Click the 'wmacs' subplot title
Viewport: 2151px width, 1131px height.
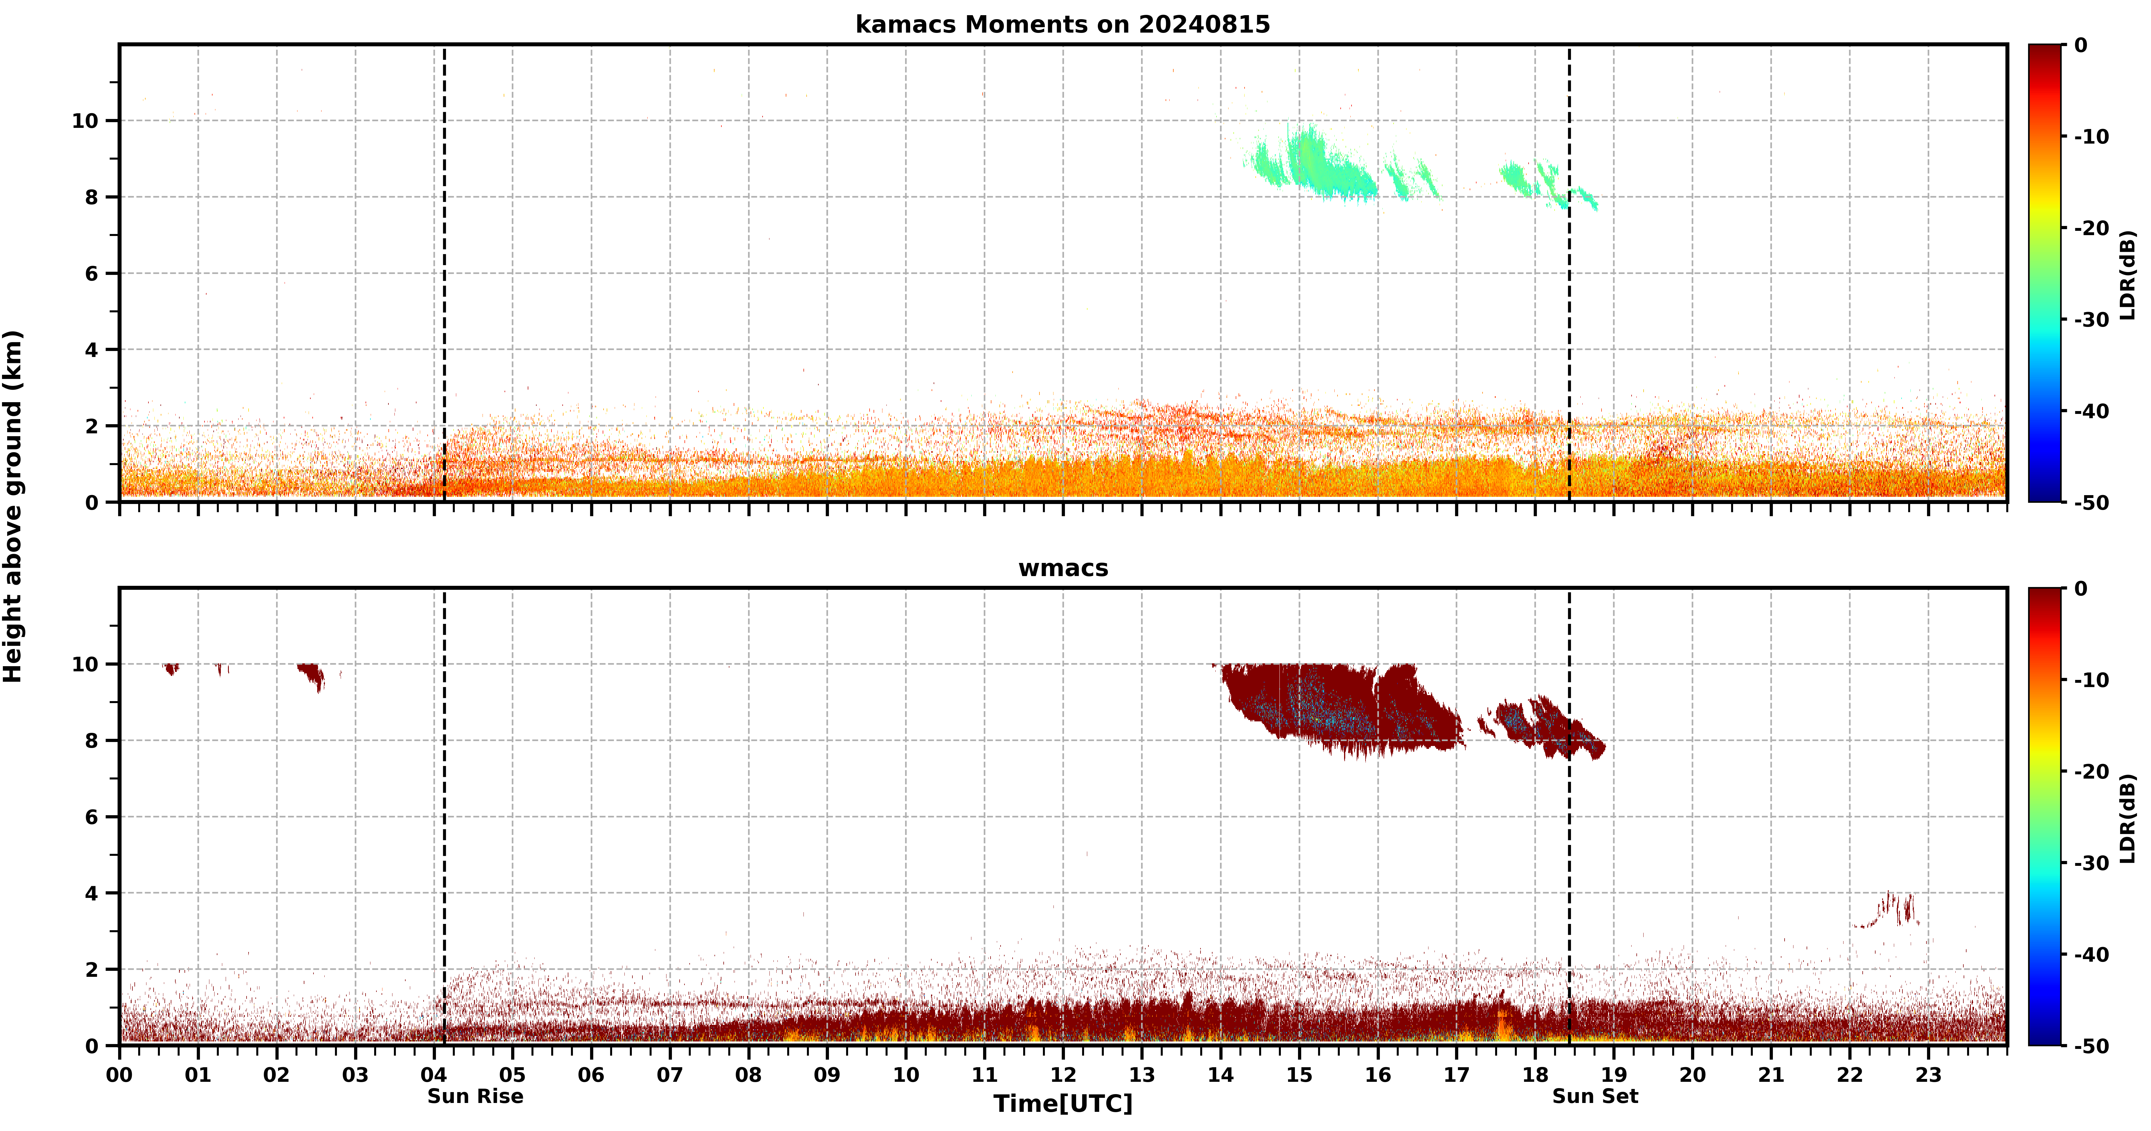coord(1063,568)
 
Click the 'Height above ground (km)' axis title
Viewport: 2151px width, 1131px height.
coord(13,506)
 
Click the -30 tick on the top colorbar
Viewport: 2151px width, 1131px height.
coord(2092,319)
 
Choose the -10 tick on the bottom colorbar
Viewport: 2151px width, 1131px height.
coord(2092,680)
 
